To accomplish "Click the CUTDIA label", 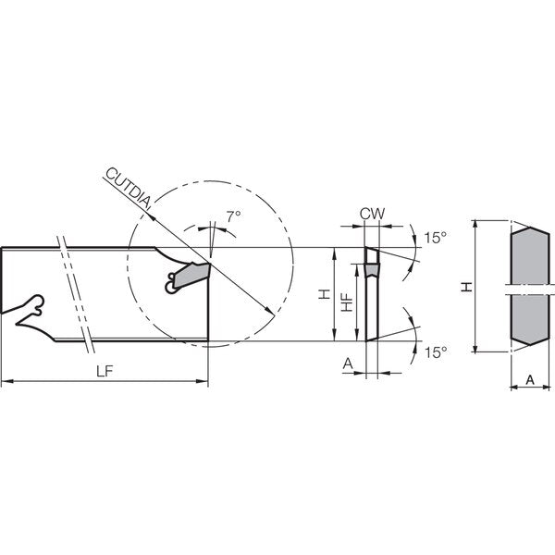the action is [x=129, y=188].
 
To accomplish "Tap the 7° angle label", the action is [x=234, y=216].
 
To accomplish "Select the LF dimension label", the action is [x=105, y=371].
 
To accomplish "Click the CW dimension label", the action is [x=372, y=214].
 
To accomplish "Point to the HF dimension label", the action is [x=348, y=302].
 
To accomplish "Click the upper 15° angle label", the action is [x=436, y=238].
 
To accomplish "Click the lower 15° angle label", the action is [x=436, y=352].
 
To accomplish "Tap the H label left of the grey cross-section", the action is [x=467, y=287].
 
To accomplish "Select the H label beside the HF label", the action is [x=324, y=294].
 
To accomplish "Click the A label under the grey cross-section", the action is [x=530, y=380].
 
